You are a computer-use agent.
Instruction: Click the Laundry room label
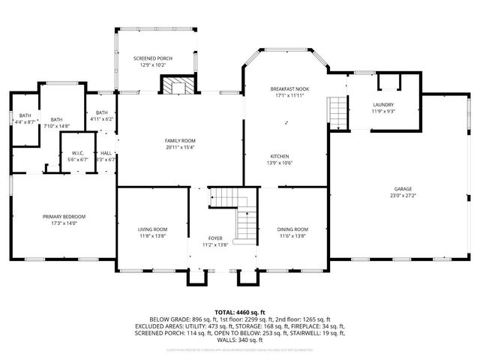coord(383,104)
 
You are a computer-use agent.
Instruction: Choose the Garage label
coord(403,189)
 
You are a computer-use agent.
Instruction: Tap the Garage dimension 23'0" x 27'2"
coord(403,195)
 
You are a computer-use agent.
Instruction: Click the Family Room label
coord(180,141)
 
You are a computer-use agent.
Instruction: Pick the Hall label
coord(106,153)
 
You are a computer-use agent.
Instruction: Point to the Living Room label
coord(152,229)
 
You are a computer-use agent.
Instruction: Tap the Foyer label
coord(214,238)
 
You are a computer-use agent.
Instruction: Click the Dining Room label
coord(292,229)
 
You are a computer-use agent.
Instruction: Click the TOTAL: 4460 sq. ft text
coord(239,310)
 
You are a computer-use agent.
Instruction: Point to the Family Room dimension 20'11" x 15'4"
coord(180,147)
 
